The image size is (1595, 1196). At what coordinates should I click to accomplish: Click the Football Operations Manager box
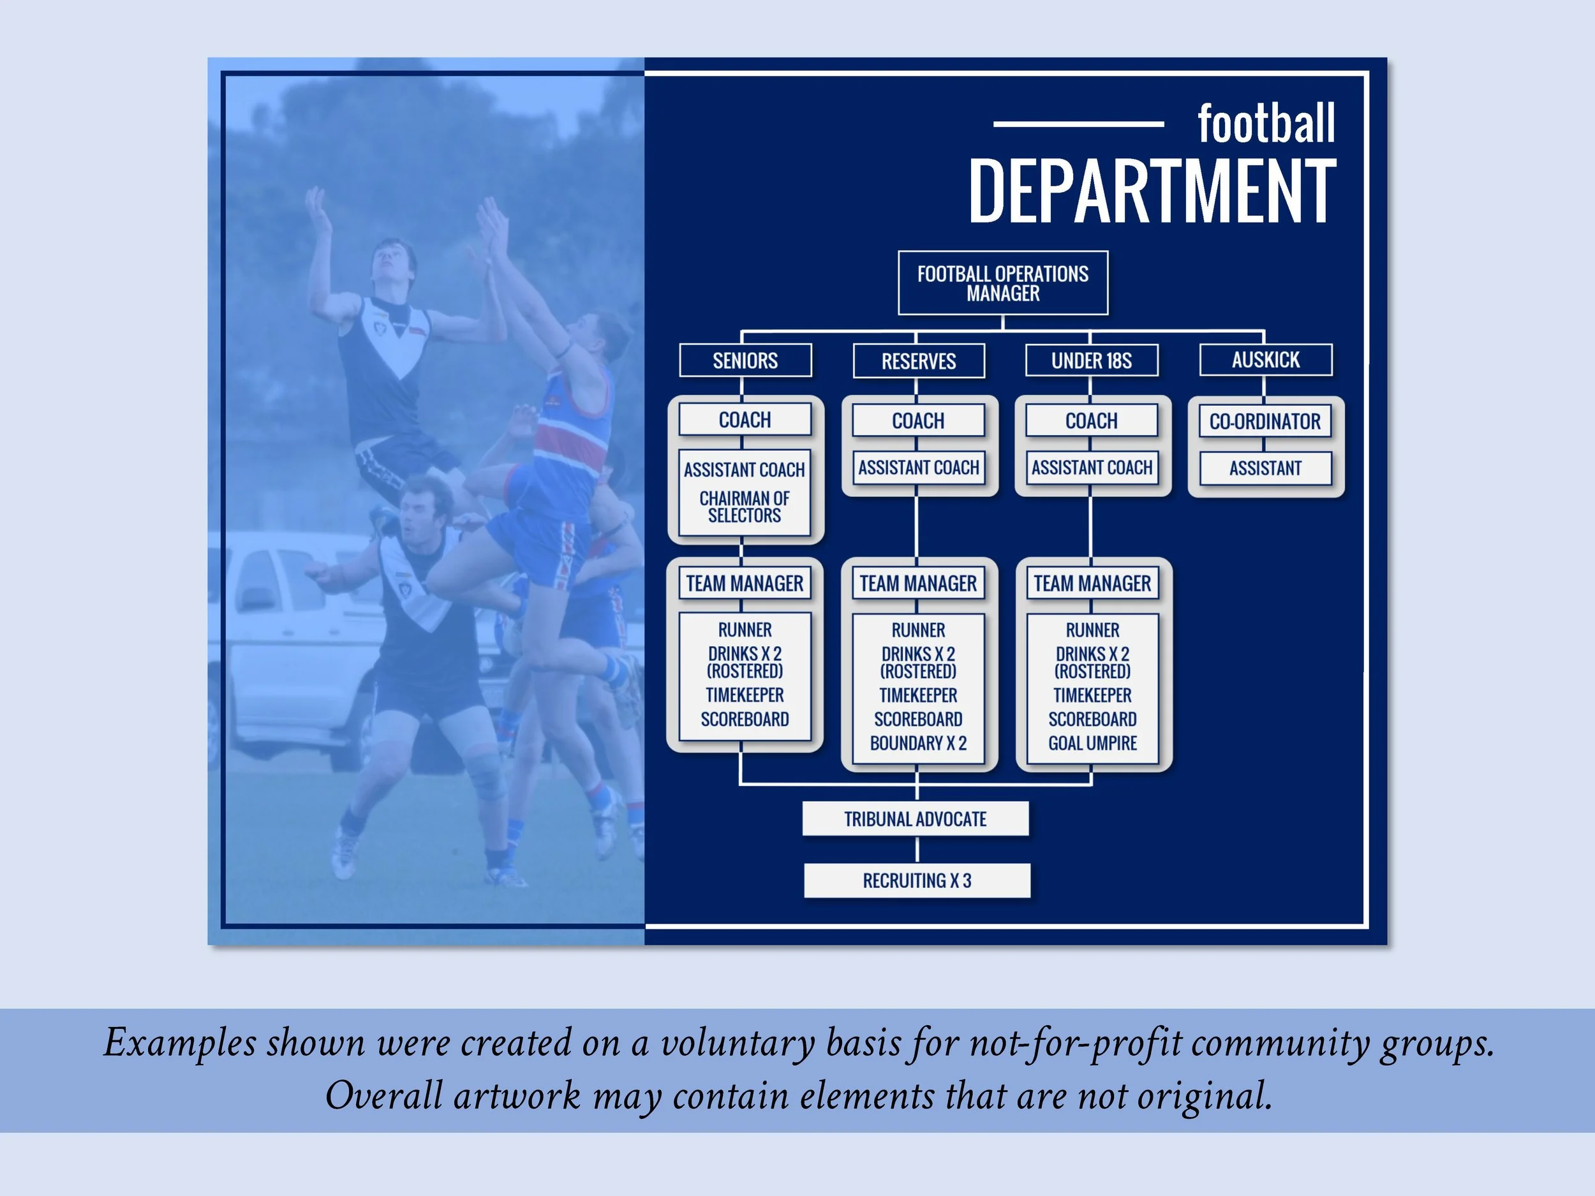coord(1002,283)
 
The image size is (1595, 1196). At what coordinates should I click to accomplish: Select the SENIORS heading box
coord(745,360)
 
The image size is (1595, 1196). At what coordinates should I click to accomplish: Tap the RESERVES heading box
coord(918,361)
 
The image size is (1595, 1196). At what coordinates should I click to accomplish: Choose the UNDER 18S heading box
coord(1091,360)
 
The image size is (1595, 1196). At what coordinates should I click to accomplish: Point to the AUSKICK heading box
coord(1265,360)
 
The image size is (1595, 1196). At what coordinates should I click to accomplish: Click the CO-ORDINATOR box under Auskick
coord(1265,421)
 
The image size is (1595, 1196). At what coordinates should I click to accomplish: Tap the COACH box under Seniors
coord(745,420)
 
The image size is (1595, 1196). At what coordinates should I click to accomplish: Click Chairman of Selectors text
coord(744,507)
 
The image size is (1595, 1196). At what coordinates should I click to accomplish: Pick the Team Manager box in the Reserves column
coord(918,583)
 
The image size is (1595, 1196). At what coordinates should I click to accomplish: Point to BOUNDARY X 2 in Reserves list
coord(918,743)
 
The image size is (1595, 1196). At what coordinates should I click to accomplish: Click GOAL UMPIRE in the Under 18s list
coord(1092,743)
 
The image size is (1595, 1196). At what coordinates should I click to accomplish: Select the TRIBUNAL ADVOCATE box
coord(915,819)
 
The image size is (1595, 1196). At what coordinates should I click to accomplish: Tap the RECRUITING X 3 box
coord(916,880)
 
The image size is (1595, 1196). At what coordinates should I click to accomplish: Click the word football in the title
coord(1265,124)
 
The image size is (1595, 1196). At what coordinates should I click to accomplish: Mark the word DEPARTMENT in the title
coord(1152,192)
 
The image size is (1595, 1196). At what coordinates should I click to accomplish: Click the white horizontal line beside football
coord(1078,124)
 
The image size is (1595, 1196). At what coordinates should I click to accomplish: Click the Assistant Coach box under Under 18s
coord(1092,468)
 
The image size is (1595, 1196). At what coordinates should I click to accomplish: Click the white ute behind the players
coord(288,649)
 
